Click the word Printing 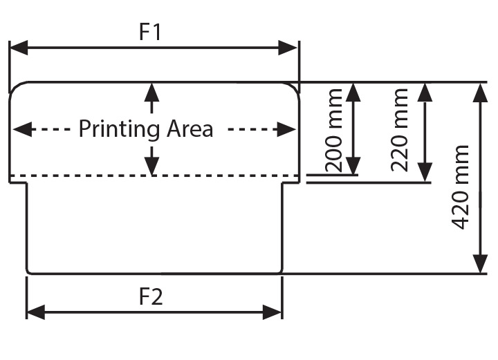[120, 129]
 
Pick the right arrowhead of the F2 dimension [273, 312]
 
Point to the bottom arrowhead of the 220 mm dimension [425, 173]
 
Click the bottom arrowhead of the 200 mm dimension [353, 166]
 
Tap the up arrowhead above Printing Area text [151, 91]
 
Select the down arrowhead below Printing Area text [151, 166]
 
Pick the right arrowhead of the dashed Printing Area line [287, 129]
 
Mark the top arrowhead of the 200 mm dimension [353, 92]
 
